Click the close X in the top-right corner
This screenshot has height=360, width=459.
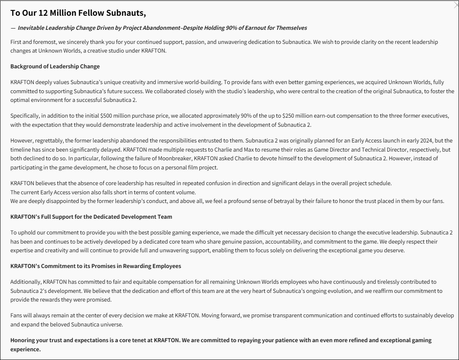coord(456,4)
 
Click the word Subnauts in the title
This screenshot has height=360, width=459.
coord(124,13)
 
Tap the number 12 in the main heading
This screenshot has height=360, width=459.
coord(43,13)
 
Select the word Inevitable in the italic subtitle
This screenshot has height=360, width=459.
coord(33,28)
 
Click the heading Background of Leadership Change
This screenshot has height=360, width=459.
coord(55,66)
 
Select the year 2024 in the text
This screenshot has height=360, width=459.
coord(425,140)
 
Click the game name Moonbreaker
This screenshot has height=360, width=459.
coord(165,158)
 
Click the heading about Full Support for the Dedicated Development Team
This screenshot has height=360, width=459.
coord(91,217)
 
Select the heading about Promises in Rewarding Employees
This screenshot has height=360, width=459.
coord(96,266)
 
